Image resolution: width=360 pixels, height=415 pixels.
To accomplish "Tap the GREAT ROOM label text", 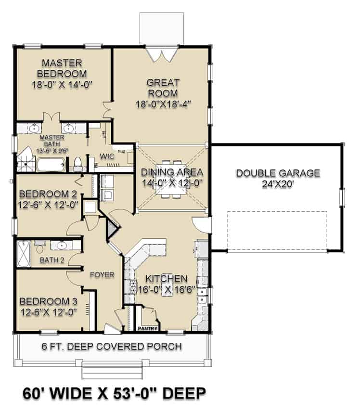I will pyautogui.click(x=163, y=88).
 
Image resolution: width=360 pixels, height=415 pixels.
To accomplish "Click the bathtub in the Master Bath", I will pyautogui.click(x=51, y=166).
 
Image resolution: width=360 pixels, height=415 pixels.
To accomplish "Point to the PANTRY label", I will pyautogui.click(x=148, y=329).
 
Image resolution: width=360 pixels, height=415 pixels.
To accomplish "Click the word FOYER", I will pyautogui.click(x=102, y=275).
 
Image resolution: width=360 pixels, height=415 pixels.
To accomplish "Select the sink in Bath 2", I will pyautogui.click(x=61, y=246).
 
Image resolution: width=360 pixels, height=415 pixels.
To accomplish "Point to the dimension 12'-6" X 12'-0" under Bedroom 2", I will pyautogui.click(x=48, y=204).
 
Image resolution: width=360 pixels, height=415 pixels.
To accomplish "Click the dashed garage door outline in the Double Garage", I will pyautogui.click(x=277, y=231).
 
